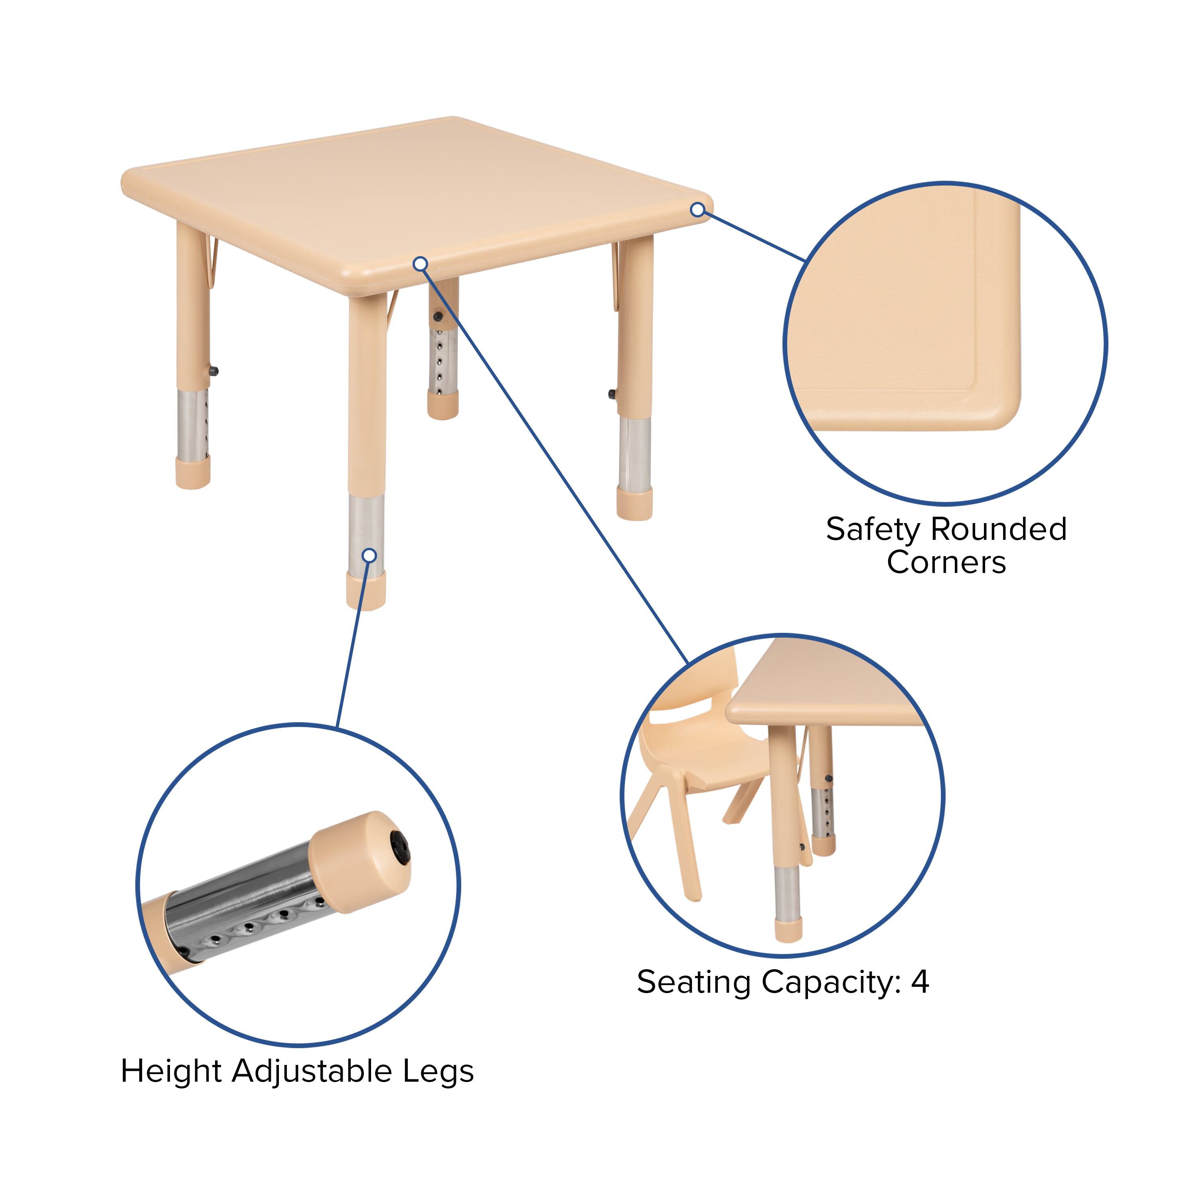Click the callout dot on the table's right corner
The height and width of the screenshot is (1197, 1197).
697,210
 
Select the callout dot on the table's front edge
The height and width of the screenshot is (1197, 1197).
421,264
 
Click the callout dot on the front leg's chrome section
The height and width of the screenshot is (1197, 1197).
369,555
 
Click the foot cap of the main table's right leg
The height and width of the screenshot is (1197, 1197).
634,502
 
